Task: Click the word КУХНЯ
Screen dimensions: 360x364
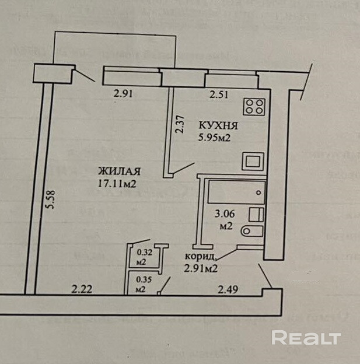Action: click(x=218, y=125)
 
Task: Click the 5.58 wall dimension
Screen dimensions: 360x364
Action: click(x=51, y=202)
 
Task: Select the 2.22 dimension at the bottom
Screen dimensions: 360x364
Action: click(x=82, y=288)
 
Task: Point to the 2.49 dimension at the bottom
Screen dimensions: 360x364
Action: click(x=229, y=288)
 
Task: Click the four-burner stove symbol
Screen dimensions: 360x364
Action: click(x=255, y=106)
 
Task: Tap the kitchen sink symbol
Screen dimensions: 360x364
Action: click(x=254, y=161)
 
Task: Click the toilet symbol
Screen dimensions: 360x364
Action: click(x=252, y=231)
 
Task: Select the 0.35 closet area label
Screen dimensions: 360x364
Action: click(x=142, y=281)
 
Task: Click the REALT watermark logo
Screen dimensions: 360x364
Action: click(x=306, y=338)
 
